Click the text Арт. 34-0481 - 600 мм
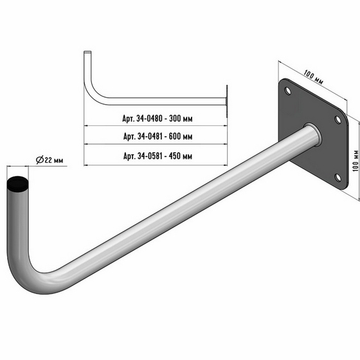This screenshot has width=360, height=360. point(157,136)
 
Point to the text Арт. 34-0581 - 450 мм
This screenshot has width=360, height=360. point(157,156)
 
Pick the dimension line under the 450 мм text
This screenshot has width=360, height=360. point(157,164)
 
